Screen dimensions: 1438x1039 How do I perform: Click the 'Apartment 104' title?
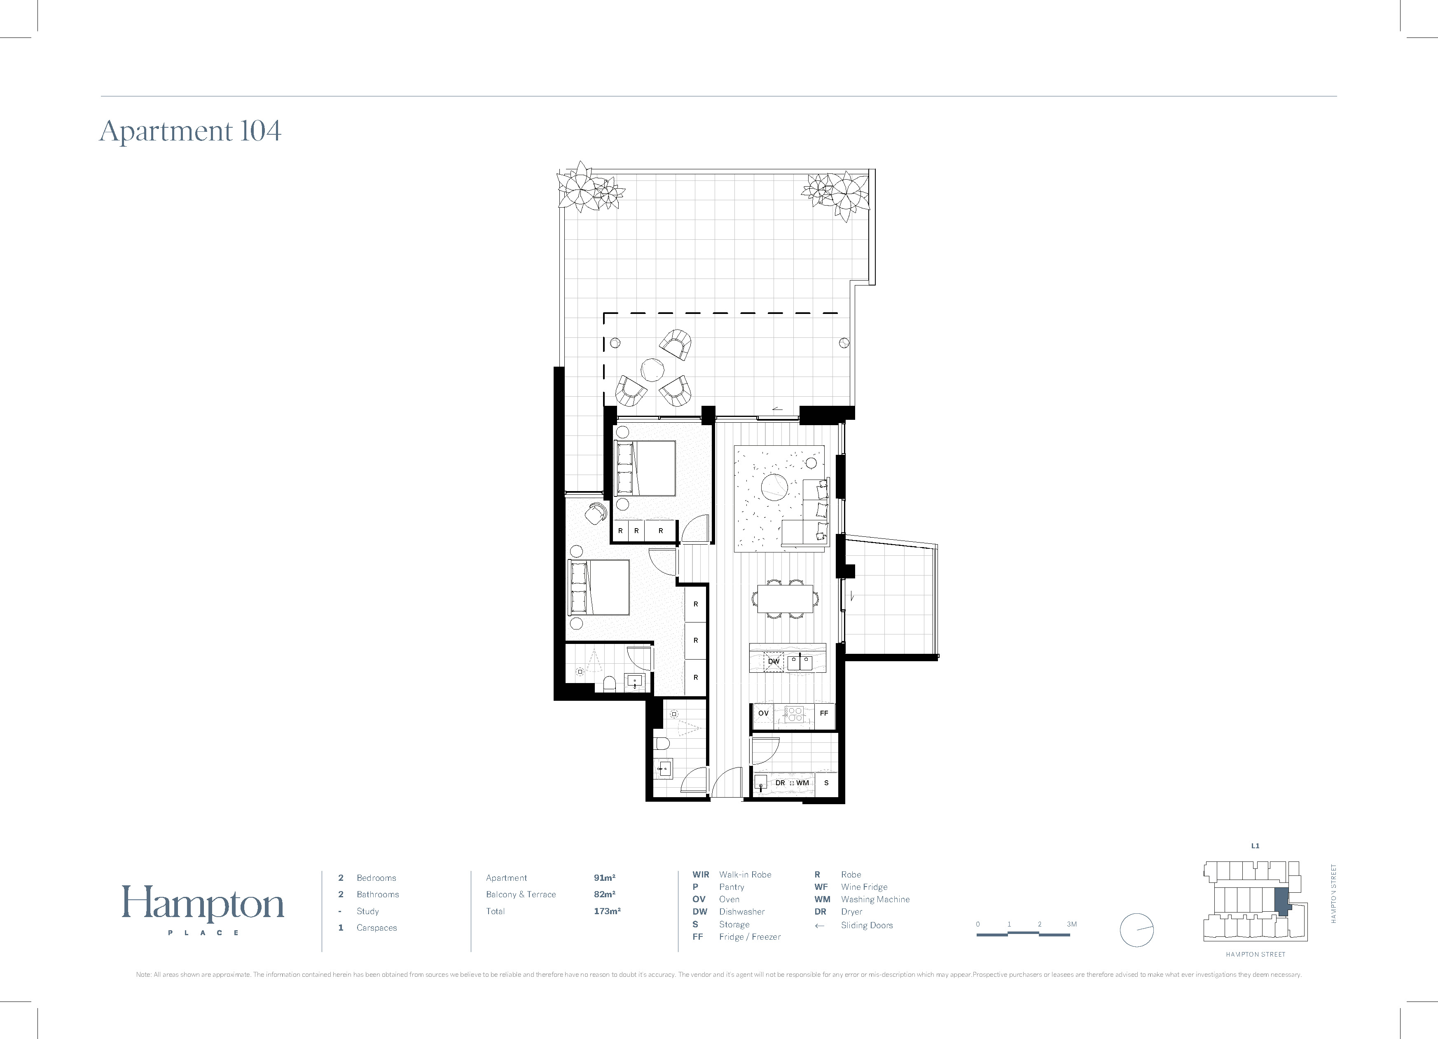(190, 131)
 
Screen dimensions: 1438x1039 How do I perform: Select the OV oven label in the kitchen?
(763, 713)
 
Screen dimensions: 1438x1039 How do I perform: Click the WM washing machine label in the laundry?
(803, 783)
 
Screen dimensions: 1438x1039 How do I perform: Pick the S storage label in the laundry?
(826, 783)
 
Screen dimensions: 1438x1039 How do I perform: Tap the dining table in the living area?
(785, 598)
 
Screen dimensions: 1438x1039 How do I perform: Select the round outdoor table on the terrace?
(652, 370)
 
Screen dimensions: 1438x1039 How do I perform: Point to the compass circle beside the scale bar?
(1137, 930)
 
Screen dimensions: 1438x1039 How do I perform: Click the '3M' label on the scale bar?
(1071, 924)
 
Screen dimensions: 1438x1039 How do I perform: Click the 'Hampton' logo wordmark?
(203, 904)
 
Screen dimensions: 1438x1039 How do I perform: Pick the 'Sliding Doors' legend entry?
(867, 925)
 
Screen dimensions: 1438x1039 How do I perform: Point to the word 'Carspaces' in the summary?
(376, 927)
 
